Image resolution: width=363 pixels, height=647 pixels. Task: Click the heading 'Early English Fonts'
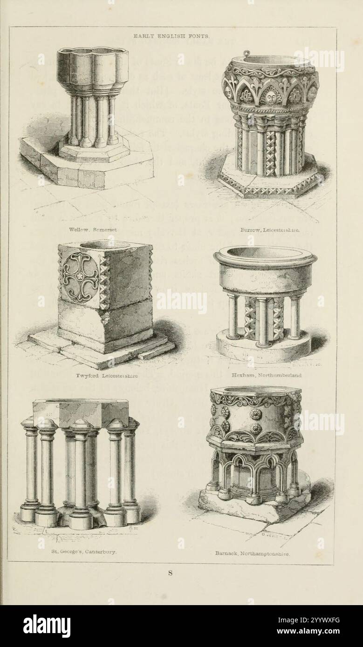click(x=171, y=35)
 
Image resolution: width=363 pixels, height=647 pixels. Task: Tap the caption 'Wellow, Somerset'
click(x=93, y=229)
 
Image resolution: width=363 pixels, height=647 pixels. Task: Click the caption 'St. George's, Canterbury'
click(x=77, y=552)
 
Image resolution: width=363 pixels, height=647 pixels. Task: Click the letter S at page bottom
click(x=171, y=573)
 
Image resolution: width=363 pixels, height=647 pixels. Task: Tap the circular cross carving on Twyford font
click(x=81, y=277)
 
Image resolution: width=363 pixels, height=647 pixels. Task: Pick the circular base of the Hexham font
click(x=263, y=347)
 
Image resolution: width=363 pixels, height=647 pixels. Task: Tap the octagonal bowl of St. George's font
click(x=80, y=411)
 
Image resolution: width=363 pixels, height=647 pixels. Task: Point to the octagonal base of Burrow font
click(x=269, y=182)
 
